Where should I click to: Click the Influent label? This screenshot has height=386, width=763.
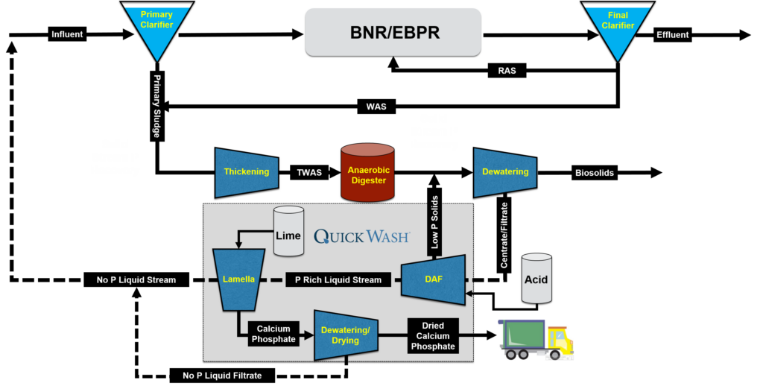67,34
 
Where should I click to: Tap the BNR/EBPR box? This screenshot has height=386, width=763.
393,32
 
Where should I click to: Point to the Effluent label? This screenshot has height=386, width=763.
673,34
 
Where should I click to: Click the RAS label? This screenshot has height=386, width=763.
507,71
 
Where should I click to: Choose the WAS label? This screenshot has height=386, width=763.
376,106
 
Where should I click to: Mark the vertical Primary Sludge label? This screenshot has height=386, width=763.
156,106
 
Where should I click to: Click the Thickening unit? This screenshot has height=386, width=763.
247,172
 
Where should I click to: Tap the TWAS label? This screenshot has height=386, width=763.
309,172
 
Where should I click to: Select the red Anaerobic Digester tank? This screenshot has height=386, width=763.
368,172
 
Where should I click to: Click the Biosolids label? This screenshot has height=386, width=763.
594,173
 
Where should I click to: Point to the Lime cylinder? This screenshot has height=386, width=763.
288,231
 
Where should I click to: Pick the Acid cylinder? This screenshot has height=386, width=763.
536,279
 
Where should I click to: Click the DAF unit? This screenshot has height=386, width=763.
433,279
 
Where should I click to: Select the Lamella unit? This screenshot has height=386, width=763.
238,279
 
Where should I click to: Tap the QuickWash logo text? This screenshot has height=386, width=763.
362,236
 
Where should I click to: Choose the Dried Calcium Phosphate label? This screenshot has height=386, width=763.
433,336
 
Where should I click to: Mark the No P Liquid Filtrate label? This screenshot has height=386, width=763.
222,376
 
